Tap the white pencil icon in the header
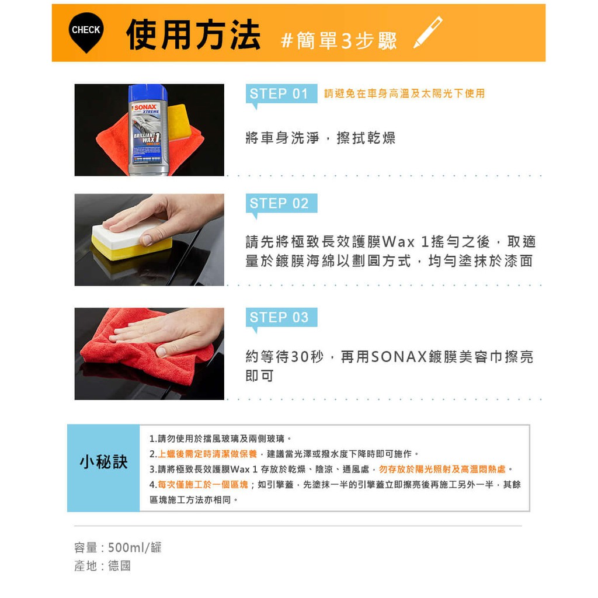click(428, 32)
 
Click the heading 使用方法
click(193, 34)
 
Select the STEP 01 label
click(279, 93)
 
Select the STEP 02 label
click(279, 203)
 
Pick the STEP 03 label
click(279, 317)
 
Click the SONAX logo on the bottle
click(145, 107)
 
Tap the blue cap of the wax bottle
click(148, 93)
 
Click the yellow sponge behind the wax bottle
click(179, 121)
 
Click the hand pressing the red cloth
click(168, 332)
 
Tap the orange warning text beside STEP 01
click(404, 93)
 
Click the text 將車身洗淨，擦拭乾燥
click(321, 138)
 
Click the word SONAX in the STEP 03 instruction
click(398, 357)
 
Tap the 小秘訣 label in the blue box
click(103, 462)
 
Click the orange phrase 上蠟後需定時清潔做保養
click(207, 454)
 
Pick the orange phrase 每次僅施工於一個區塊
click(203, 484)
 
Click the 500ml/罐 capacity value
click(135, 548)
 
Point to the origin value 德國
click(119, 565)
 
